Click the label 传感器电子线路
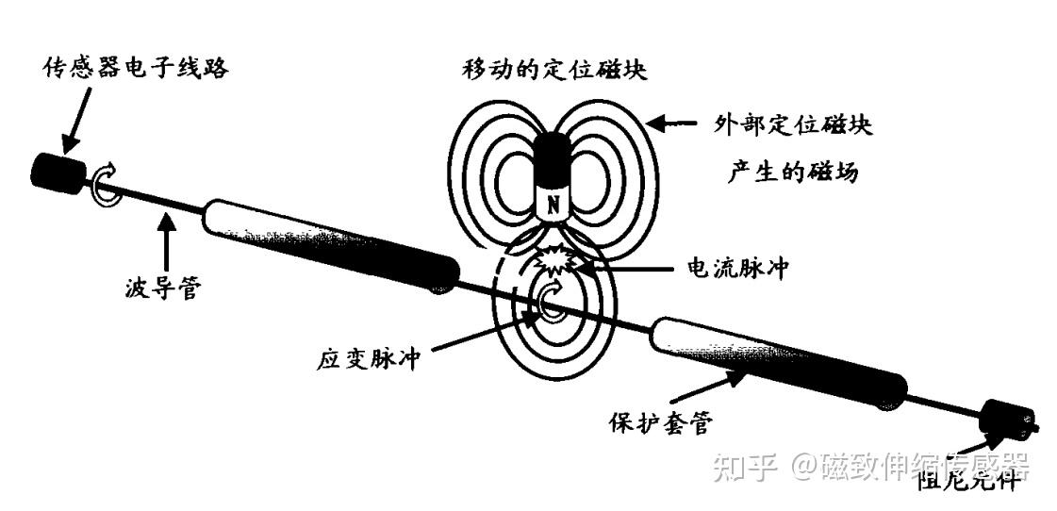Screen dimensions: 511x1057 137,68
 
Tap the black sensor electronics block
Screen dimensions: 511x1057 58,172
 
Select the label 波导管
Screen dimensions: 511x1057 160,288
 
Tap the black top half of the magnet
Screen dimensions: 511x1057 554,160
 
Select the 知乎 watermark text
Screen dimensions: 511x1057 744,466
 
